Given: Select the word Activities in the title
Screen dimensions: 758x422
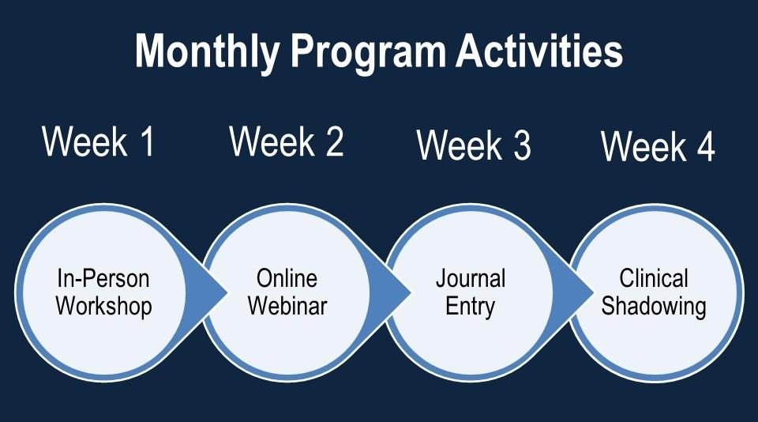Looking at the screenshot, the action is pyautogui.click(x=539, y=51).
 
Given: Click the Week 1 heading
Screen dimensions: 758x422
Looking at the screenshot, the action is pyautogui.click(x=99, y=141).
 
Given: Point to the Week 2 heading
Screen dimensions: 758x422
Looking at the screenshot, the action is pyautogui.click(x=287, y=141).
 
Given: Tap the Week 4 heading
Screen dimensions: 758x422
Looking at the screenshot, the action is pyautogui.click(x=658, y=146).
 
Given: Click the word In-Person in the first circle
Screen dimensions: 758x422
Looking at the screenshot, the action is pyautogui.click(x=103, y=278).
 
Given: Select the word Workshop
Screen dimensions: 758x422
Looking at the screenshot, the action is pyautogui.click(x=104, y=307).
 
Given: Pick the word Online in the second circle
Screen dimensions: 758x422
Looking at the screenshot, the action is pyautogui.click(x=287, y=278).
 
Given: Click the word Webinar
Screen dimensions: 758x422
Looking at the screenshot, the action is pyautogui.click(x=287, y=306).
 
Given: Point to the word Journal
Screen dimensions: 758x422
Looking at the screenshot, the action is pyautogui.click(x=471, y=278).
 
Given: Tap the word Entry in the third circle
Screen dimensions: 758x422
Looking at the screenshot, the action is pyautogui.click(x=471, y=307).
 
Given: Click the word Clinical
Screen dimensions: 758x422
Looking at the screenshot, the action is pyautogui.click(x=654, y=278).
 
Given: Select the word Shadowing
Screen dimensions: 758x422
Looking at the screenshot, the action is pyautogui.click(x=654, y=307).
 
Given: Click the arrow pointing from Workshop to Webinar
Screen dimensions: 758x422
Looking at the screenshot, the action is pyautogui.click(x=208, y=292).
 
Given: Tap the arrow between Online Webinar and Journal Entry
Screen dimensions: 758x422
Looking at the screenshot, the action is pyautogui.click(x=392, y=292).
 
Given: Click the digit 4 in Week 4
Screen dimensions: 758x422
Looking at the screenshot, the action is pyautogui.click(x=706, y=147).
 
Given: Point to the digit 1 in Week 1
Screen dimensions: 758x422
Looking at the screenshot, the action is pyautogui.click(x=148, y=141).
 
